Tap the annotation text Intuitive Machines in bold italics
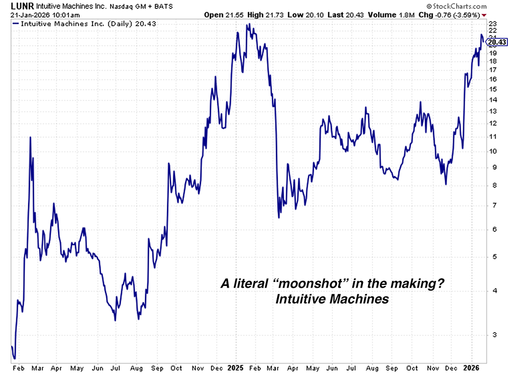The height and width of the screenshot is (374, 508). (x=332, y=299)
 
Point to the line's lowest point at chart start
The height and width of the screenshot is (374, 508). (x=14, y=358)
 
